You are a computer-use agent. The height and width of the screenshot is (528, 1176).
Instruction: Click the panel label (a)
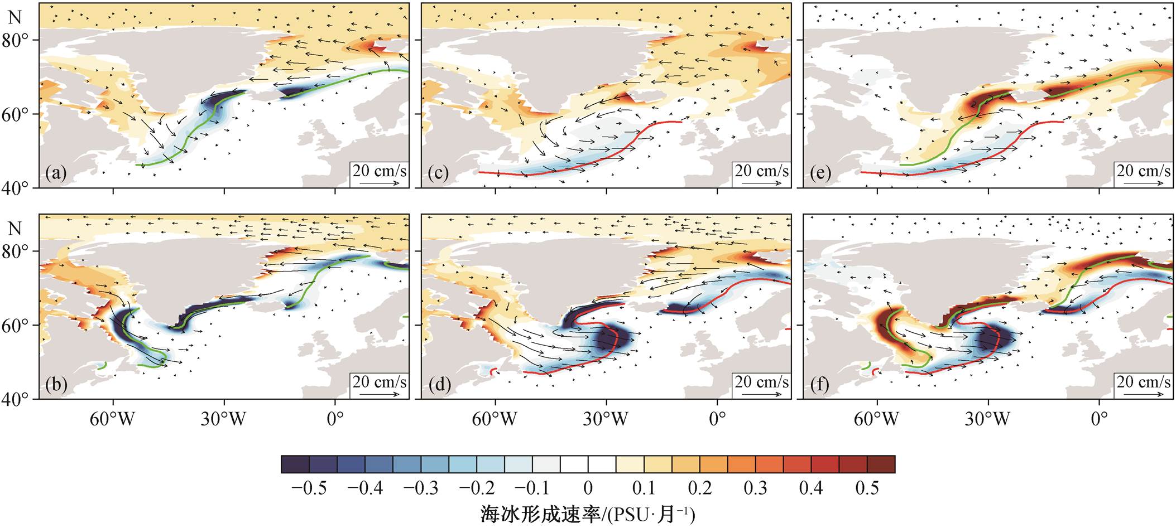(57, 174)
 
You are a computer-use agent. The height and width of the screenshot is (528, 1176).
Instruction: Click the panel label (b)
(57, 385)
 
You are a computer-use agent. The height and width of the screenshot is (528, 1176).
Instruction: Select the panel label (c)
(439, 174)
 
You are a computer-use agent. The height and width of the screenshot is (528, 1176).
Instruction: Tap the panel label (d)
(439, 385)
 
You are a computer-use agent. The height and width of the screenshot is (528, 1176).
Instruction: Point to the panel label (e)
(820, 174)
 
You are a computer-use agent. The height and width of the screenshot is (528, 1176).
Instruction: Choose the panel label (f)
(820, 385)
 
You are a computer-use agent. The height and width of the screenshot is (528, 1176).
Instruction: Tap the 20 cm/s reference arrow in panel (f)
(1144, 394)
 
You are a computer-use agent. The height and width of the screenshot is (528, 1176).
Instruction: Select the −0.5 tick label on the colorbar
(309, 488)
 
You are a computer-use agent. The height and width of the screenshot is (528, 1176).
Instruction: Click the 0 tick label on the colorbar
(588, 488)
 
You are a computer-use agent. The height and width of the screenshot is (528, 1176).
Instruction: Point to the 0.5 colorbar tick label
(867, 488)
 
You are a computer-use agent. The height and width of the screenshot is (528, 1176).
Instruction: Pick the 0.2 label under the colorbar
(699, 488)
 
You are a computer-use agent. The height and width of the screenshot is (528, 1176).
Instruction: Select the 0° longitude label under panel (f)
(1099, 419)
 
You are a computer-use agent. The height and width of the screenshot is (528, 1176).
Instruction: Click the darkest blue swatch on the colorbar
(295, 464)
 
